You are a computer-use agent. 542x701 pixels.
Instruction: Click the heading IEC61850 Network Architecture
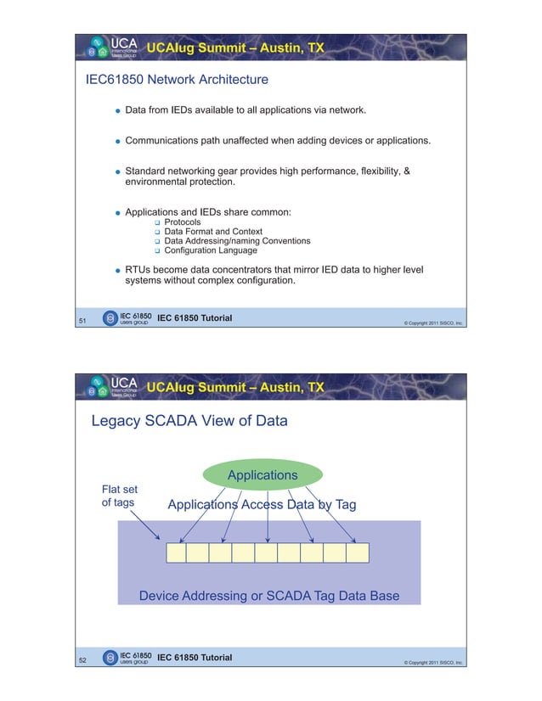pyautogui.click(x=178, y=80)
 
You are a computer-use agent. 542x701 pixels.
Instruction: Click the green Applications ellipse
pyautogui.click(x=262, y=475)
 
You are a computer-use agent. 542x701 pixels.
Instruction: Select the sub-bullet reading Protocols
pyautogui.click(x=183, y=222)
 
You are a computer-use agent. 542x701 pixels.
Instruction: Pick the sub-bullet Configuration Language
pyautogui.click(x=210, y=250)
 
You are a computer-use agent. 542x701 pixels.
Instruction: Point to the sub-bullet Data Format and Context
pyautogui.click(x=212, y=232)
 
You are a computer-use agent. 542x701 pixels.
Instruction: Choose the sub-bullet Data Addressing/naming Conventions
pyautogui.click(x=237, y=241)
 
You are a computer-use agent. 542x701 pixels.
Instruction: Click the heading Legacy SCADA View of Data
pyautogui.click(x=189, y=421)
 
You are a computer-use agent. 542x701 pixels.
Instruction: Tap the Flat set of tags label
pyautogui.click(x=119, y=496)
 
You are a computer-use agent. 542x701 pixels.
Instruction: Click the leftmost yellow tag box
pyautogui.click(x=175, y=552)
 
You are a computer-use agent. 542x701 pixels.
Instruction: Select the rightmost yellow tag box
pyautogui.click(x=358, y=552)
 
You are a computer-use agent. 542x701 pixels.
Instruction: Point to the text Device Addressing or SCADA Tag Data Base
pyautogui.click(x=268, y=596)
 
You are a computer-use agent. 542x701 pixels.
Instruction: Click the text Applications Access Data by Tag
pyautogui.click(x=262, y=506)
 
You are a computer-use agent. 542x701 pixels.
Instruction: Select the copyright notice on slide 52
pyautogui.click(x=432, y=662)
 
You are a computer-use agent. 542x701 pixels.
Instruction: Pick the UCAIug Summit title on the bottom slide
pyautogui.click(x=235, y=388)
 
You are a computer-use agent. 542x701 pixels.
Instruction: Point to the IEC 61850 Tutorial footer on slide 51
pyautogui.click(x=195, y=318)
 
